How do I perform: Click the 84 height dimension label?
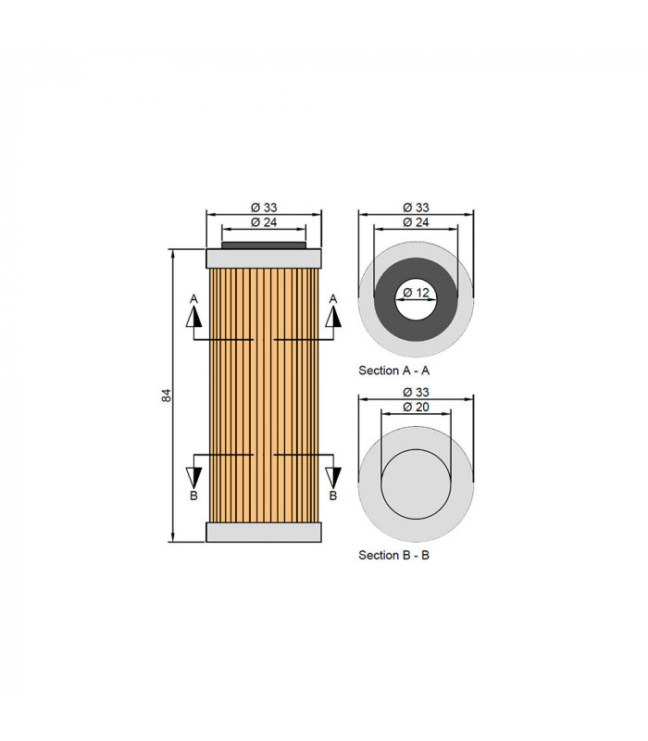coord(167,396)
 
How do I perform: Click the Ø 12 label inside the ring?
coord(416,293)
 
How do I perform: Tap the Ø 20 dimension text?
coord(416,407)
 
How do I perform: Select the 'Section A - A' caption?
coord(394,370)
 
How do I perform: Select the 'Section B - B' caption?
coord(394,555)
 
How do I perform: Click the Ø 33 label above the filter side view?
coord(264,207)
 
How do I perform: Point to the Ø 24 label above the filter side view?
coord(264,222)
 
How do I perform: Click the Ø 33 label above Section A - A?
coord(416,207)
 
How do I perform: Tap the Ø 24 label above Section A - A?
coord(416,222)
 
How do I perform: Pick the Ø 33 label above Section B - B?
coord(416,392)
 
